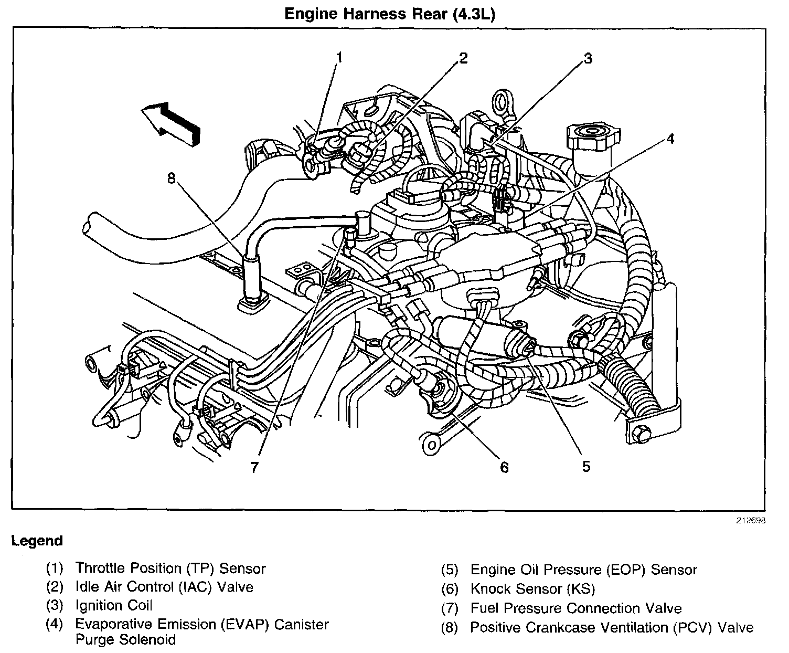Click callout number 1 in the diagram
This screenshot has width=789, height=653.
tap(340, 57)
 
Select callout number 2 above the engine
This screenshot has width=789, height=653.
tap(462, 58)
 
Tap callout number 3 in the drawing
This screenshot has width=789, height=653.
tap(588, 58)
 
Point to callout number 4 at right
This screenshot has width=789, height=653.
tap(670, 139)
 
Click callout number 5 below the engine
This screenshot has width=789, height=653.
tap(586, 466)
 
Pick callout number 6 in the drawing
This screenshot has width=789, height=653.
tap(504, 467)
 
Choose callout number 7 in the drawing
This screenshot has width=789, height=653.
tap(254, 467)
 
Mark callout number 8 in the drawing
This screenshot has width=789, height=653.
tap(171, 178)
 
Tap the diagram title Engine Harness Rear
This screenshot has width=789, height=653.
tap(390, 14)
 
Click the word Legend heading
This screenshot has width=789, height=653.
tap(37, 541)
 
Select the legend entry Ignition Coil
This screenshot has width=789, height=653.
tap(114, 605)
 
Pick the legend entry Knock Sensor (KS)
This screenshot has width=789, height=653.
tap(532, 589)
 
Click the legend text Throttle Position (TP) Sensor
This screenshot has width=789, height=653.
tap(170, 568)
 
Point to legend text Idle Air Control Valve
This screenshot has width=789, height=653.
tap(164, 586)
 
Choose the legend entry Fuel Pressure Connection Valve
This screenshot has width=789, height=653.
tap(575, 608)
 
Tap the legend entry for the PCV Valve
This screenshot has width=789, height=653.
tap(611, 628)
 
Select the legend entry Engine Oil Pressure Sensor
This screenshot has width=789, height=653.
tap(583, 570)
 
